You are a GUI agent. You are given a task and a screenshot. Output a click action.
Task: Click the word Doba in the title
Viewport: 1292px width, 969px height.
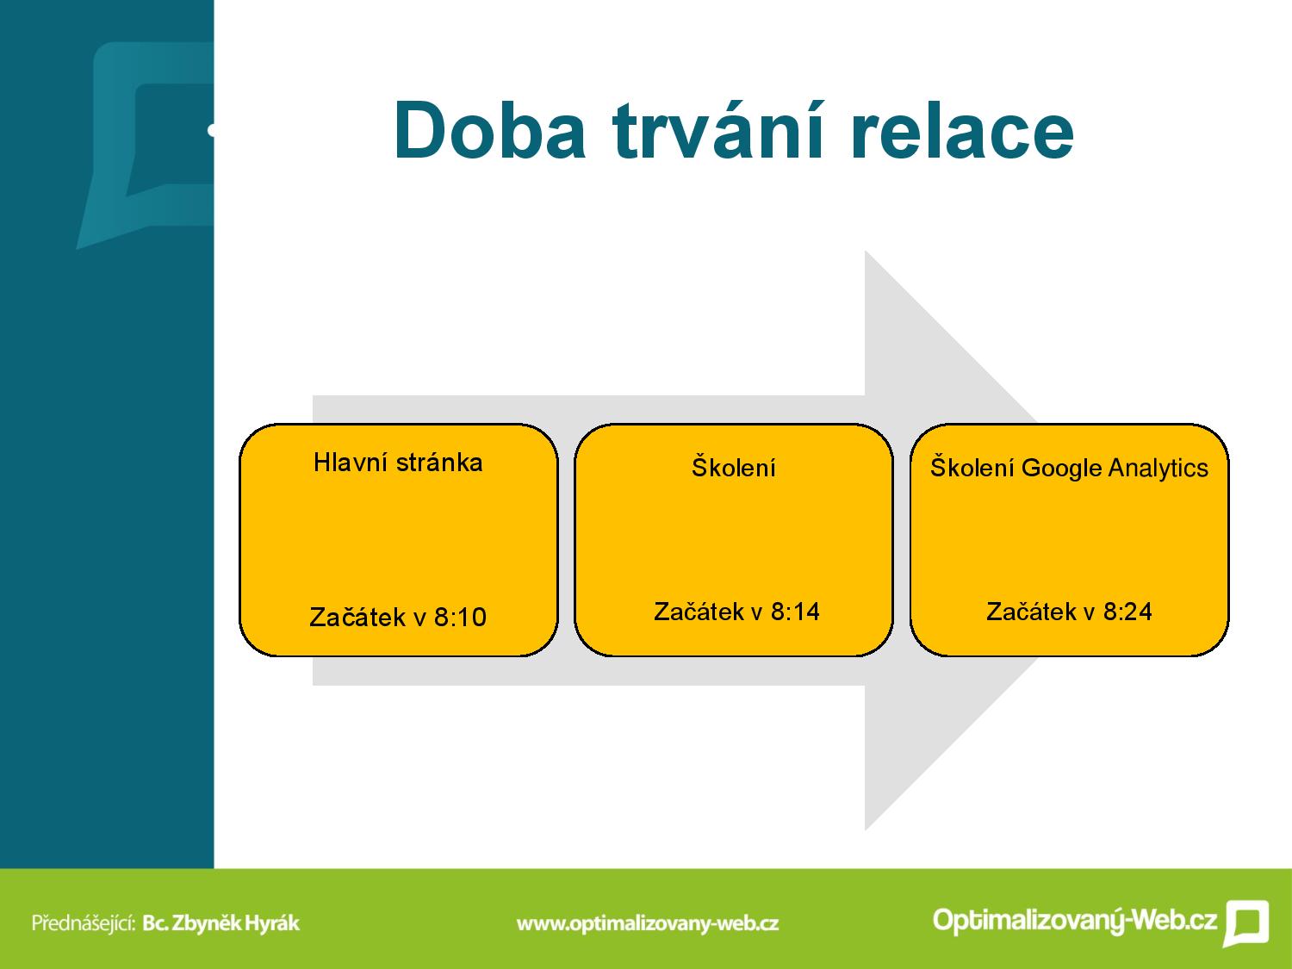coord(490,130)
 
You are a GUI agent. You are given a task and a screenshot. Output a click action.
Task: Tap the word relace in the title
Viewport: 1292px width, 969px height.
coord(962,130)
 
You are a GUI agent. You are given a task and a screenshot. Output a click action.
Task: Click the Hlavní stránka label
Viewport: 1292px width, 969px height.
coord(398,463)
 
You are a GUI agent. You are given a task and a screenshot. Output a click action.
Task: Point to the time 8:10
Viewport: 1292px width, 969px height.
coord(460,618)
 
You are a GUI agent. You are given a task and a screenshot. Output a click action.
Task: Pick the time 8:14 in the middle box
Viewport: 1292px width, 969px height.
coord(795,612)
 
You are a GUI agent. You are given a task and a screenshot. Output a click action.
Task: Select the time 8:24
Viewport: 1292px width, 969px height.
coord(1127,612)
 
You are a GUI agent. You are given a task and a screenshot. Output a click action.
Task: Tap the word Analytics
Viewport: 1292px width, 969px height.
coord(1158,469)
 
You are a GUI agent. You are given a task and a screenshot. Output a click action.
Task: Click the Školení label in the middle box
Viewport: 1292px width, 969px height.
coord(733,467)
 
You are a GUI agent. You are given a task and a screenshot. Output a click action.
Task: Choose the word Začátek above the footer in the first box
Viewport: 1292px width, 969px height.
coord(357,618)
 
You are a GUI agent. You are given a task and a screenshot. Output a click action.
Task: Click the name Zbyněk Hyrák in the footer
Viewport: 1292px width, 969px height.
coord(235,922)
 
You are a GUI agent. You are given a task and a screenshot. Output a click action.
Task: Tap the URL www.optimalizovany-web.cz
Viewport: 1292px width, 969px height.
coord(648,923)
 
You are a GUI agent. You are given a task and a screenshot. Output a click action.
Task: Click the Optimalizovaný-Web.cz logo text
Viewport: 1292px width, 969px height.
coord(1075,920)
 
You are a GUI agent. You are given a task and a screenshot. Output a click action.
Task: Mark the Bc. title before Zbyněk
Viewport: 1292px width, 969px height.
coord(155,922)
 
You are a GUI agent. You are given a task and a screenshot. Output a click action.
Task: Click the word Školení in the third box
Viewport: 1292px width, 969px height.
coord(972,468)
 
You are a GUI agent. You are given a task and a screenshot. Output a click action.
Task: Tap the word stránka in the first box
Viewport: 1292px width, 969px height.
coord(439,463)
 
